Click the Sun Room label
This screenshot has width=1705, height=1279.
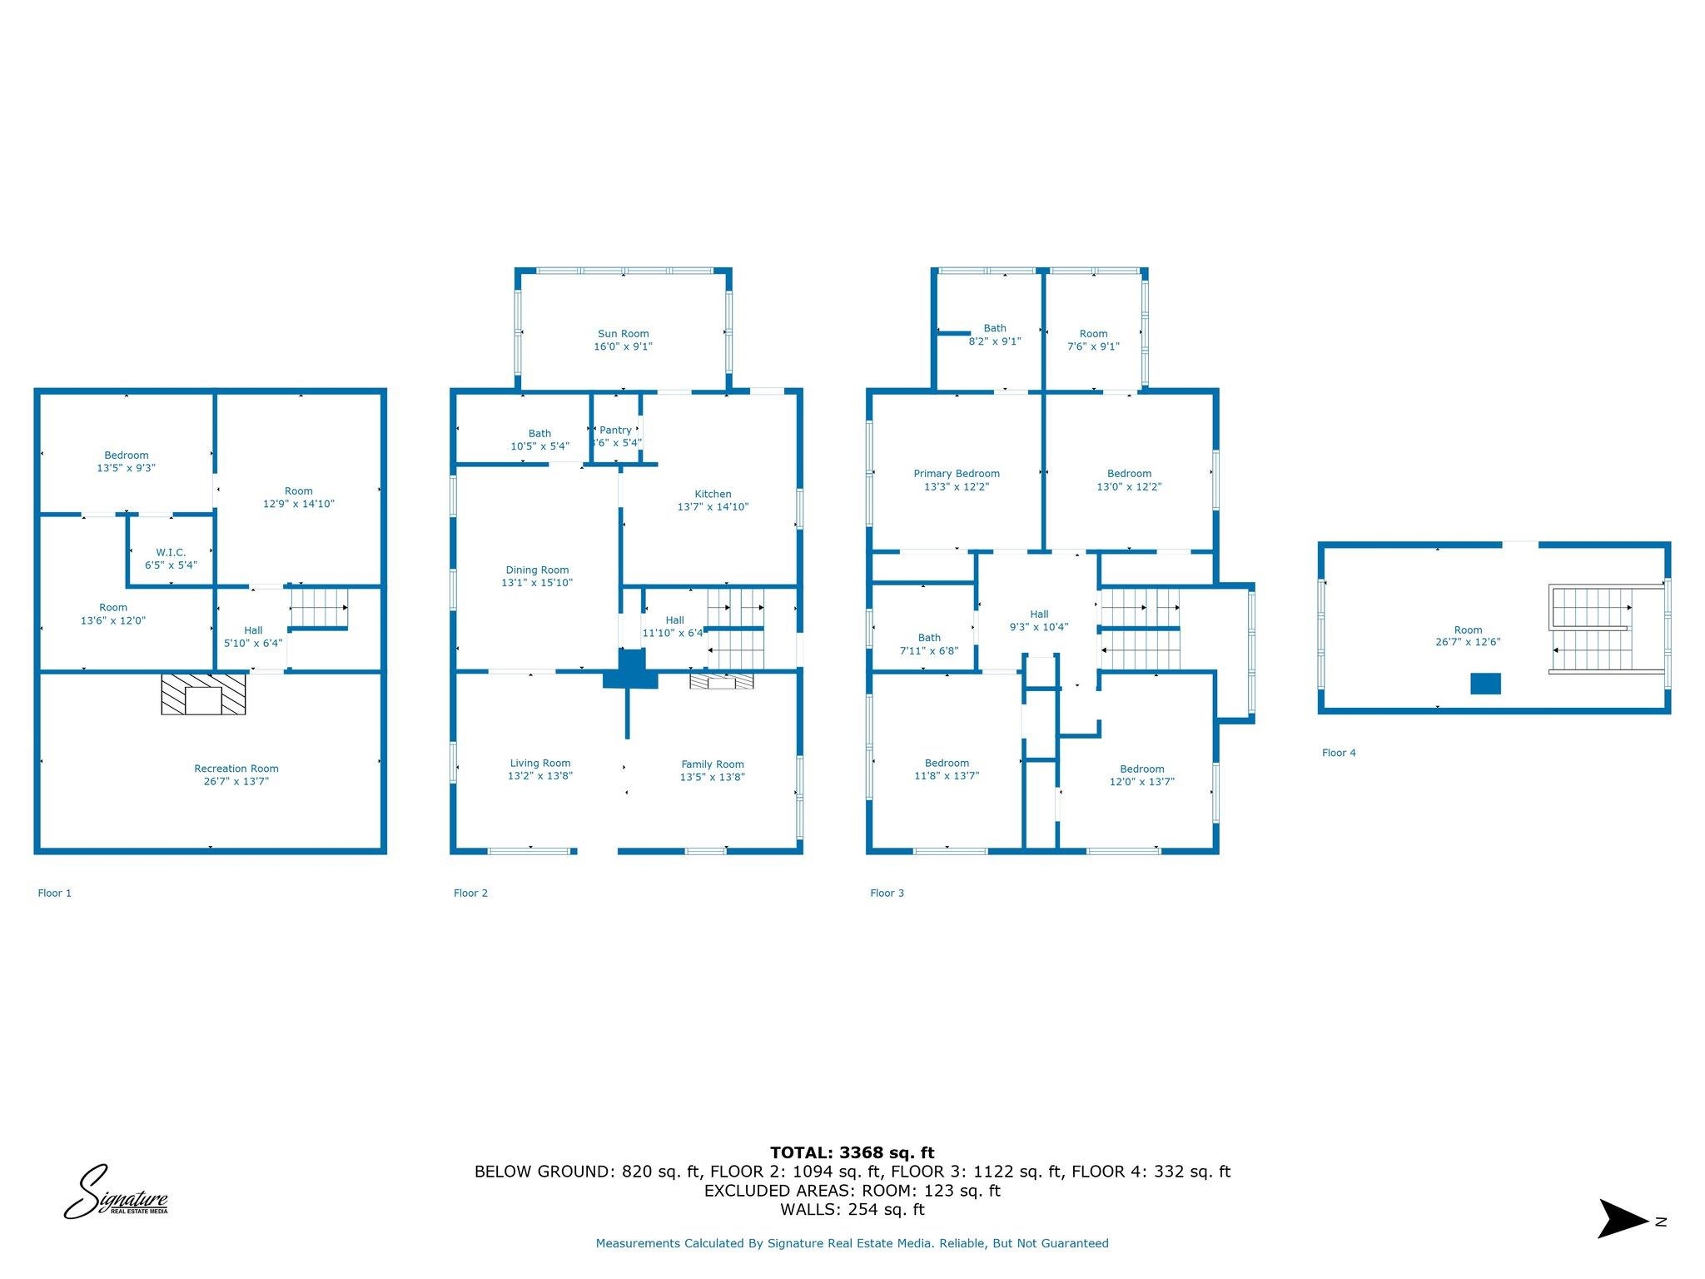(x=623, y=334)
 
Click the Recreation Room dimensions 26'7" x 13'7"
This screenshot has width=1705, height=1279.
(x=236, y=782)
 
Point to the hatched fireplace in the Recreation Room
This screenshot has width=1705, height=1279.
(x=203, y=694)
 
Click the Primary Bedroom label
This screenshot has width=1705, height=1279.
(x=957, y=474)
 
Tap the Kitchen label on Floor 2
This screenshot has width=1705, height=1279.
(x=713, y=494)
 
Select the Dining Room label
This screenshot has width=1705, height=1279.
(x=537, y=570)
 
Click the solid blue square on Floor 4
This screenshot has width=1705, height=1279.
(x=1485, y=684)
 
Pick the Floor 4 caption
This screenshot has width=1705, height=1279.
(x=1339, y=753)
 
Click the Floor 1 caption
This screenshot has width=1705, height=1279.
(x=55, y=893)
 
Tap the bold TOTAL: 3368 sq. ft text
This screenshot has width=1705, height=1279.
(x=852, y=1152)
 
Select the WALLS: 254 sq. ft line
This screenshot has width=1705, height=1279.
(x=852, y=1209)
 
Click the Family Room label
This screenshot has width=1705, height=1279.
(x=712, y=764)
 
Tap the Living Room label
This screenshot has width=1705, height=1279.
(x=540, y=764)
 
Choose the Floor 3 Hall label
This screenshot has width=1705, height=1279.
(x=1039, y=615)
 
